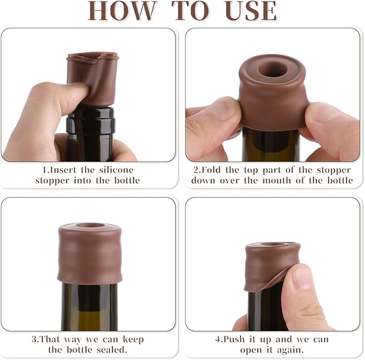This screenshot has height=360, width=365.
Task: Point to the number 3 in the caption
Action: [34, 340]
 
